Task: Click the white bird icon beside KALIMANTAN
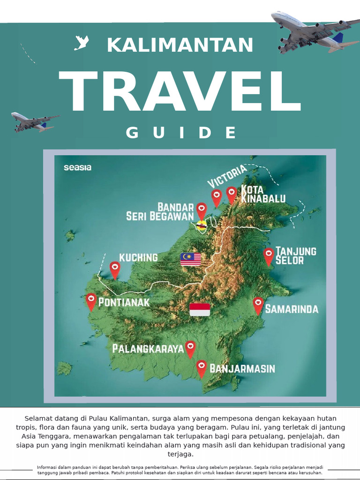point(82,44)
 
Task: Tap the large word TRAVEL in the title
point(180,92)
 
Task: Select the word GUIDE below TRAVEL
point(181,133)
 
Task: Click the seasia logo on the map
point(78,167)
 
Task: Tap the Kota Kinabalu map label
point(263,194)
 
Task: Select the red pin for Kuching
point(115,269)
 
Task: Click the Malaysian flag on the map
point(191,259)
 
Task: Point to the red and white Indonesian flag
point(200,309)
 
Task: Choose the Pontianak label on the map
point(124,302)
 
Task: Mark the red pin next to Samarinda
point(258,305)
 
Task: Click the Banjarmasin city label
point(242,368)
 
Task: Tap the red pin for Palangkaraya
point(190,348)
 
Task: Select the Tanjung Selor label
point(296,255)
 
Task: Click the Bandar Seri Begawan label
point(160,211)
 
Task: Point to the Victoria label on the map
point(227,176)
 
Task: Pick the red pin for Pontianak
point(91,300)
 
